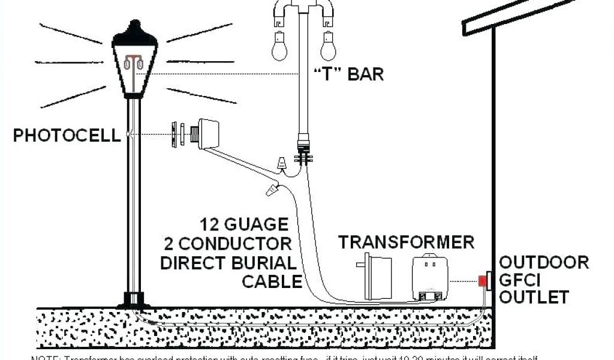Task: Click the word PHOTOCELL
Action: coord(67,135)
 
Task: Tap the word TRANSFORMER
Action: coord(406,242)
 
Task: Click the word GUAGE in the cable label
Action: coord(255,225)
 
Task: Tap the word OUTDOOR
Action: coord(544,262)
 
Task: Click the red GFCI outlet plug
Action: coord(481,280)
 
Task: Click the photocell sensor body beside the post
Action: coord(207,133)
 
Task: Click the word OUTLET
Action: coord(534,296)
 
